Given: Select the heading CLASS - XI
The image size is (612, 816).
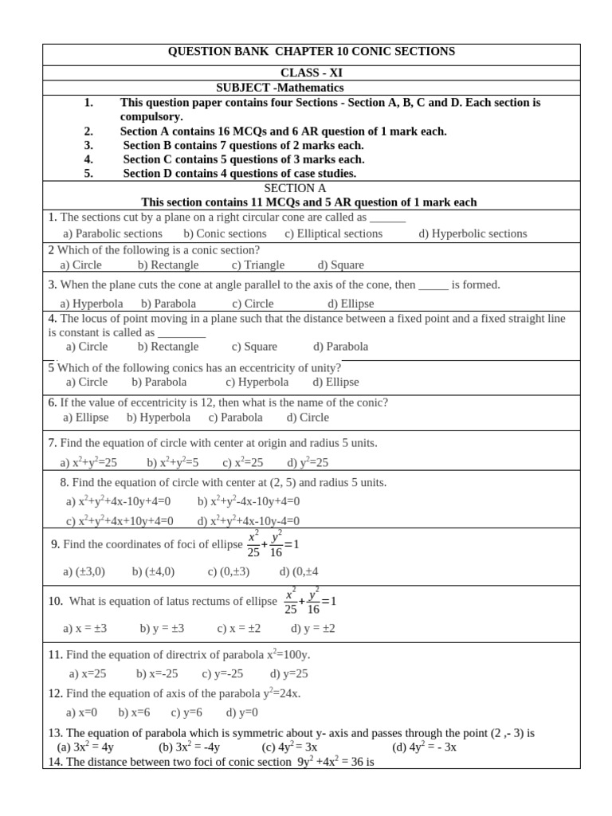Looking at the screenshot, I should tap(311, 73).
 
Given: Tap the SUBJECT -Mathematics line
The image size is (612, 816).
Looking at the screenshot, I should tap(280, 88).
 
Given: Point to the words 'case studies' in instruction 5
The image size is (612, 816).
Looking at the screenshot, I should tap(322, 173).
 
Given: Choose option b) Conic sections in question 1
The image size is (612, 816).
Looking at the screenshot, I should tap(225, 233).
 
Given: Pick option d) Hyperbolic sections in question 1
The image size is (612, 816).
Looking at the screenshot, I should tap(473, 233).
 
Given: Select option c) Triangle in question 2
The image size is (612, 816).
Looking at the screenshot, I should tap(257, 265).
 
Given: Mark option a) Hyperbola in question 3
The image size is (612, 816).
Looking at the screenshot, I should tap(92, 304).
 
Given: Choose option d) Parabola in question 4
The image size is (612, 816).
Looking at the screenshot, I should tap(340, 347).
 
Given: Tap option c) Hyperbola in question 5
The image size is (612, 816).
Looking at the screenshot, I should tap(257, 382).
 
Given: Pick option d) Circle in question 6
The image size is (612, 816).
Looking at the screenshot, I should tap(308, 417).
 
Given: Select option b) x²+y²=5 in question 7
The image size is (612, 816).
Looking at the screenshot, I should tap(172, 462).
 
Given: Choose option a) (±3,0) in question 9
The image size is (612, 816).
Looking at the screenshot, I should tap(84, 571).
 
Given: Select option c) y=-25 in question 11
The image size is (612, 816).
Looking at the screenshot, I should tap(222, 673).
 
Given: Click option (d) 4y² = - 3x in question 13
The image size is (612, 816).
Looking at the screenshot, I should tap(424, 747).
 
